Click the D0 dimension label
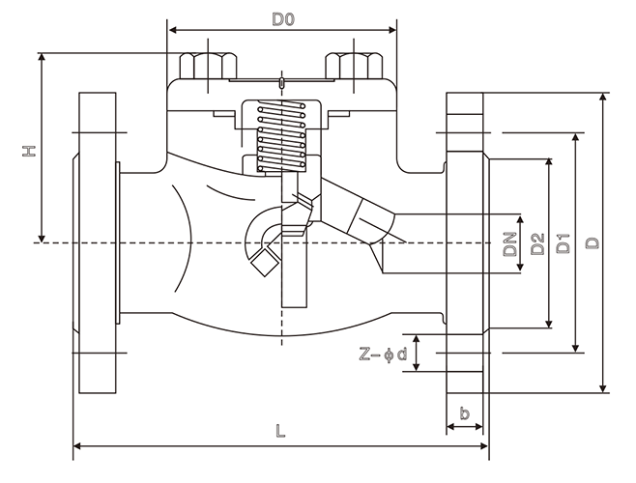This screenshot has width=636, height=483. click(282, 18)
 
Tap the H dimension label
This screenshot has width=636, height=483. click(29, 151)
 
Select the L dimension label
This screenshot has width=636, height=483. click(279, 434)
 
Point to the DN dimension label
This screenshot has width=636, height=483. click(509, 243)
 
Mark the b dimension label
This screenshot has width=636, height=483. click(465, 414)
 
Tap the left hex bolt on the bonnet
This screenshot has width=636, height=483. click(205, 67)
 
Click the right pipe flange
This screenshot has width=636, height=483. click(465, 241)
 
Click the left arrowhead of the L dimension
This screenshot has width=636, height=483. click(77, 446)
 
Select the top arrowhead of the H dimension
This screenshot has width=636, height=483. click(42, 57)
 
